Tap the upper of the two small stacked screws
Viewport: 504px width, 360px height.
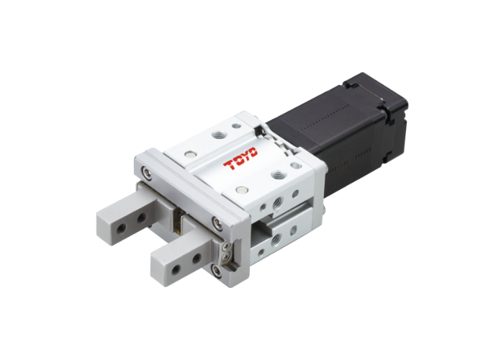click(225, 246)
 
